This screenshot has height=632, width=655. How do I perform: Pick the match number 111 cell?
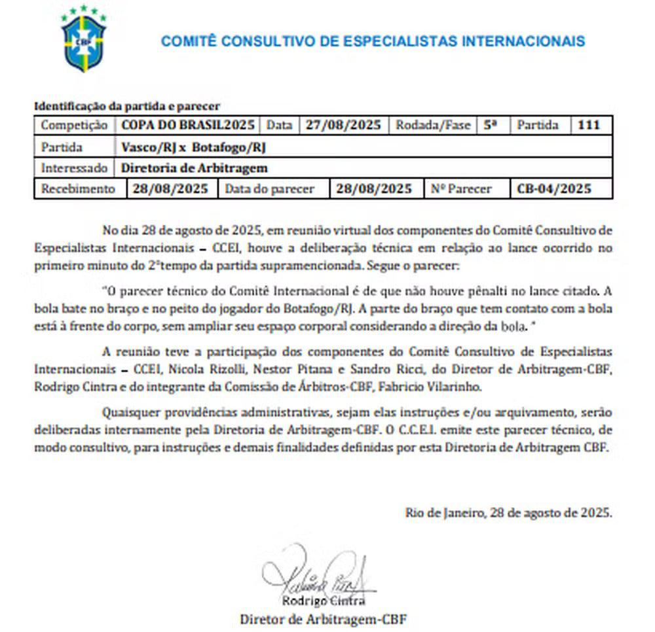pos(589,126)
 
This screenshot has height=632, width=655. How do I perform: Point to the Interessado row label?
pos(73,168)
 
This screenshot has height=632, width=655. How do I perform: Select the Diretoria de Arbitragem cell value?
pos(195,168)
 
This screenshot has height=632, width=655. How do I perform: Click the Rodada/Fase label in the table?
pos(433,126)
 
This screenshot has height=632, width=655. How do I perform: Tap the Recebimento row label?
pos(78,189)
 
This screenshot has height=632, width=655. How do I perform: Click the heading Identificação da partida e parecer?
pos(127,105)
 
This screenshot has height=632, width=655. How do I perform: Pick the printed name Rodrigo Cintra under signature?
pos(324,601)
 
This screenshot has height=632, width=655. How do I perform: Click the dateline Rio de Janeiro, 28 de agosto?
pos(509,513)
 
